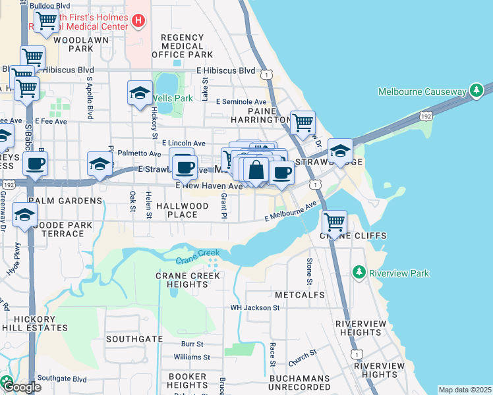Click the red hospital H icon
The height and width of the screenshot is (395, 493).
tap(138, 21)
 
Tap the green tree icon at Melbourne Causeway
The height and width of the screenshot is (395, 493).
tap(476, 91)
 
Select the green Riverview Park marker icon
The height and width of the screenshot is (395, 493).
tap(359, 273)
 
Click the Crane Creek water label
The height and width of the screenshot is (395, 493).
tap(197, 257)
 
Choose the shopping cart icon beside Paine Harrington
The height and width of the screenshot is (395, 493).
tap(303, 122)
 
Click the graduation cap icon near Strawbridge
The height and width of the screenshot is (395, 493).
tap(340, 151)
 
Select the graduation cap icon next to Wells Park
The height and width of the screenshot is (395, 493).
tap(140, 93)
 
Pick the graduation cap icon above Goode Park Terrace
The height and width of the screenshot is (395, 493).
tap(25, 215)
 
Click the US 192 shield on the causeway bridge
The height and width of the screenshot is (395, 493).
tap(426, 117)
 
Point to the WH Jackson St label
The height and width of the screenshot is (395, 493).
tap(255, 307)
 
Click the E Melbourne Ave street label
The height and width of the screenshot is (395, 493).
tap(291, 213)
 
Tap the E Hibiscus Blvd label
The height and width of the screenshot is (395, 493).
tap(225, 70)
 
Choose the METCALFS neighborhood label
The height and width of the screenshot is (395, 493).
tap(300, 294)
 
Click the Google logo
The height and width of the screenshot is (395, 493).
tap(21, 386)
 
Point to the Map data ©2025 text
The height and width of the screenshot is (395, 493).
tap(465, 390)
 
